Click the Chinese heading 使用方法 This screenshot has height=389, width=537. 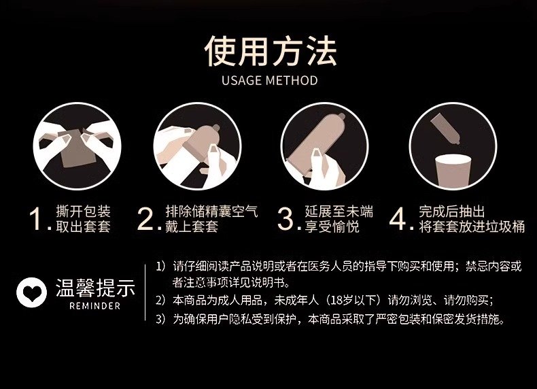click(271, 51)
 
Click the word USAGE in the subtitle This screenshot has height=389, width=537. click(242, 80)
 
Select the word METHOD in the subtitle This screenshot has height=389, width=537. click(292, 80)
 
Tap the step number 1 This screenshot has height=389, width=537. click(36, 219)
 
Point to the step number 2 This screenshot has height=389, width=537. click(146, 219)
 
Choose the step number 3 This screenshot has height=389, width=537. click(286, 219)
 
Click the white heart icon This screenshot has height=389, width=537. click(31, 292)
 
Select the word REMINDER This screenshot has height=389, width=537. click(95, 306)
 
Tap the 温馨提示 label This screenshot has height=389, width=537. click(96, 288)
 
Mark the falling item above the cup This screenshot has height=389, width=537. click(445, 129)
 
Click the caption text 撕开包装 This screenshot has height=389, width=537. click(83, 211)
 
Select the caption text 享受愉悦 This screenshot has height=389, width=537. click(332, 226)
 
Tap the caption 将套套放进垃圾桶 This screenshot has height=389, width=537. click(472, 226)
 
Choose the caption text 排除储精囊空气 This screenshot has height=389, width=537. click(211, 211)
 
